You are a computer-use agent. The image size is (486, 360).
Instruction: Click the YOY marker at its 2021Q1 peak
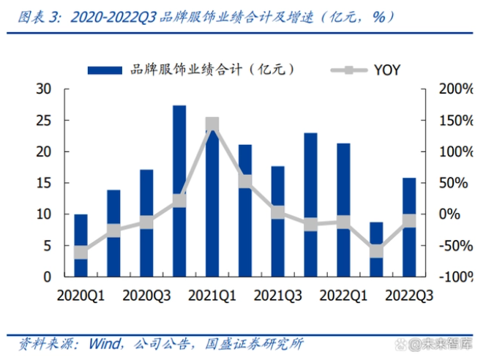tap(212, 124)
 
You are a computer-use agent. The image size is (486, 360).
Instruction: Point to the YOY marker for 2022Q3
tap(409, 220)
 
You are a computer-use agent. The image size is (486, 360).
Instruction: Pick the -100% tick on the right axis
tap(452, 277)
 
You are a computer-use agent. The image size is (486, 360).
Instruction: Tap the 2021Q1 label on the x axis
tap(212, 296)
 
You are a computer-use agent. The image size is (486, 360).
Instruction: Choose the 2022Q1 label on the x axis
tap(343, 296)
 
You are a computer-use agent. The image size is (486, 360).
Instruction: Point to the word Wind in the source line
tap(104, 343)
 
